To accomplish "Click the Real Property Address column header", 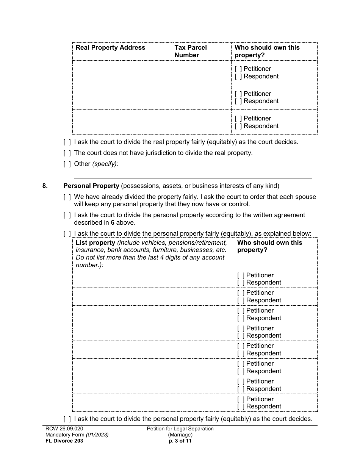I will (110, 48).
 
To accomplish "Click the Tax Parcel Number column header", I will (190, 51).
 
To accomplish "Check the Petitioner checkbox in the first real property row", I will (238, 69).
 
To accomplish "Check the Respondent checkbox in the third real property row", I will (238, 126).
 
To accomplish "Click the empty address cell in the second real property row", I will (122, 97).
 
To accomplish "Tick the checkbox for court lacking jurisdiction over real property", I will (67, 153).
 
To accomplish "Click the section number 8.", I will (45, 186).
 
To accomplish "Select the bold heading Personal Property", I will (91, 186).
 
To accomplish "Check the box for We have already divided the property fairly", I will (67, 197).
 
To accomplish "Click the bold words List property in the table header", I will (95, 243).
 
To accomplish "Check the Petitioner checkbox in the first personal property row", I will (241, 275).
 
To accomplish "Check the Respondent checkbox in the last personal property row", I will (241, 407).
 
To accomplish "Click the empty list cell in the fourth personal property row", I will (153, 332).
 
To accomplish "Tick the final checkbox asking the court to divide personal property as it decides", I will (67, 419).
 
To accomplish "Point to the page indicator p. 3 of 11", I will (180, 441).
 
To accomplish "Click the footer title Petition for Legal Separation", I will (180, 429).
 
